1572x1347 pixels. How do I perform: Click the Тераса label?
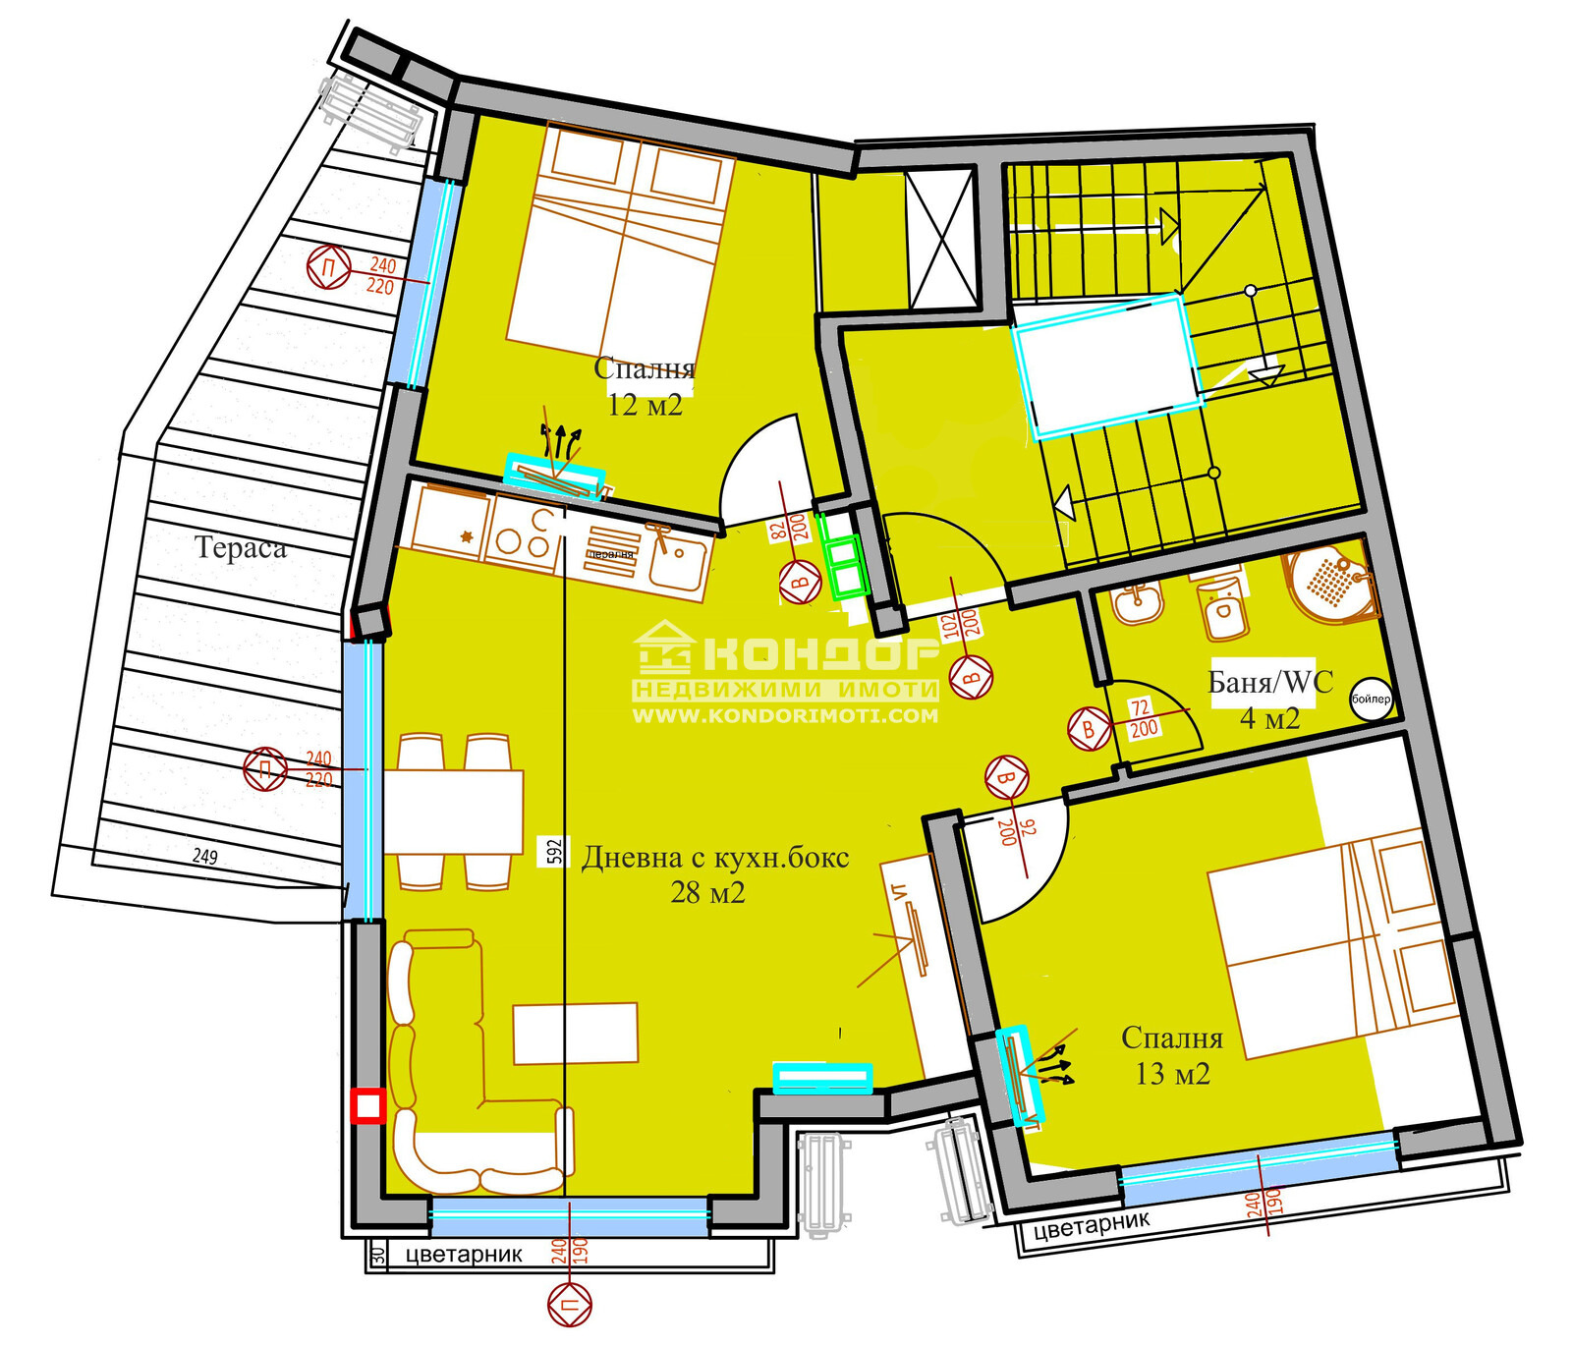click(x=241, y=547)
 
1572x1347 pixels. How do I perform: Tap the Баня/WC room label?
click(x=1269, y=681)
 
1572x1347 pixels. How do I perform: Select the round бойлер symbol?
click(x=1371, y=699)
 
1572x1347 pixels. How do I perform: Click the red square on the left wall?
click(x=367, y=1105)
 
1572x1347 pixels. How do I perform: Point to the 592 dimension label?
click(x=554, y=851)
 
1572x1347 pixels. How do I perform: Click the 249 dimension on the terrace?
click(x=204, y=856)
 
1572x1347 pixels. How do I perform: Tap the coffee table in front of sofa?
click(x=576, y=1033)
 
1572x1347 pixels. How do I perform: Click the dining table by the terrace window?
click(x=453, y=813)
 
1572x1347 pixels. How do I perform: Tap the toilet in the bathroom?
click(x=1222, y=609)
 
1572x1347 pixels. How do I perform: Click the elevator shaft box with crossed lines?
click(x=941, y=238)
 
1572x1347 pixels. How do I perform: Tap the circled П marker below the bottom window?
click(x=570, y=1306)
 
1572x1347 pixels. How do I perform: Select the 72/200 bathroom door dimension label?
click(x=1142, y=718)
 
